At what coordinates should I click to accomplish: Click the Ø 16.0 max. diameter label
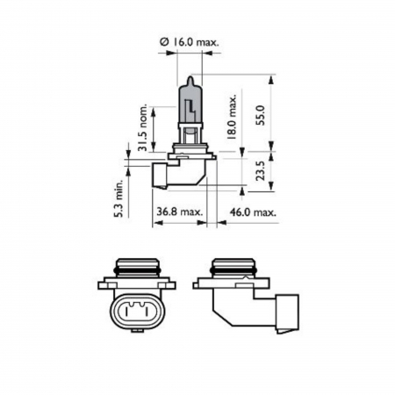[x=189, y=40]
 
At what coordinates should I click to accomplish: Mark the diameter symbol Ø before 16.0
[x=163, y=40]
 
